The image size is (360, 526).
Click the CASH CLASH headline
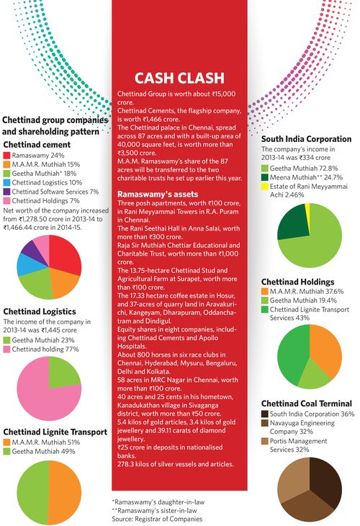tap(179, 78)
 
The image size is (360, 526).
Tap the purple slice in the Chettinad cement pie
tap(30, 250)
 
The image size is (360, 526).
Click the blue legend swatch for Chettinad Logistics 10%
tap(7, 182)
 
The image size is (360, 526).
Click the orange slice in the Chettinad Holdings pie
tap(325, 349)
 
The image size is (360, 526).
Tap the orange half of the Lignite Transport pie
tap(66, 492)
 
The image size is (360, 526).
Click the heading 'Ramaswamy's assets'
tap(158, 195)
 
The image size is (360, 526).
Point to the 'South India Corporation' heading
tap(307, 139)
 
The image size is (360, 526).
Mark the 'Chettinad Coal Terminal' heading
tap(307, 404)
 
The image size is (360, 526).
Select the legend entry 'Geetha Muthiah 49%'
tap(44, 451)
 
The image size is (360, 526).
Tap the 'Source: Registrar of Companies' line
tap(157, 519)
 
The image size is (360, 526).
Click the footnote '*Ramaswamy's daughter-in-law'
tap(158, 502)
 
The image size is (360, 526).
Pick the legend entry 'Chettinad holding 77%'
tap(45, 349)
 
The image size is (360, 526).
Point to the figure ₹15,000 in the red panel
tap(224, 94)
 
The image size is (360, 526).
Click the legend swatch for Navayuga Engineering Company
tap(265, 424)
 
